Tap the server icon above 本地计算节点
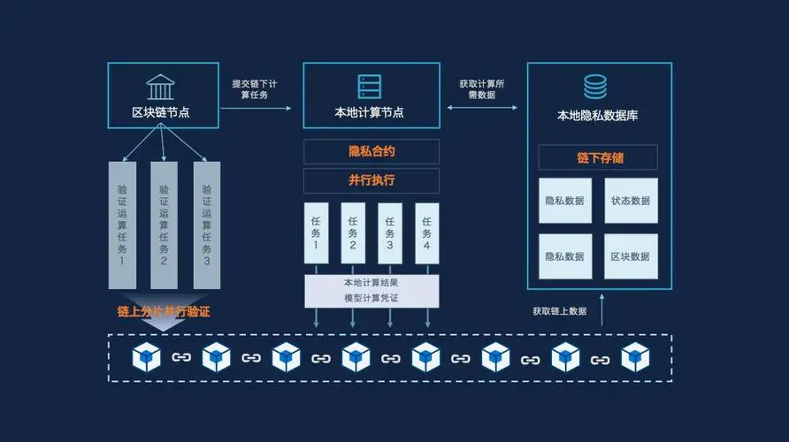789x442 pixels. (x=371, y=86)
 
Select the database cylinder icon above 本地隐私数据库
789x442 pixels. (x=594, y=87)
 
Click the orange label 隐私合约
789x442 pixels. (x=372, y=151)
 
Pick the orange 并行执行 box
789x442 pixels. (x=372, y=180)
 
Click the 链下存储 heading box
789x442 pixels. (x=599, y=158)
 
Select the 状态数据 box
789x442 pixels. (x=631, y=201)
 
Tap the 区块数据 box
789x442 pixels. (x=631, y=256)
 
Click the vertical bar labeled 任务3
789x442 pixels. (x=389, y=233)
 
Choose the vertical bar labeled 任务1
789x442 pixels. (x=316, y=233)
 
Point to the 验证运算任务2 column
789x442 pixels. (x=164, y=225)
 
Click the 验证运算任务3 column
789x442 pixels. (x=206, y=225)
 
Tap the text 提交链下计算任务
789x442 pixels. (x=256, y=89)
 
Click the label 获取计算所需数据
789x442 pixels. (x=483, y=89)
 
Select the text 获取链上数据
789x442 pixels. (x=559, y=311)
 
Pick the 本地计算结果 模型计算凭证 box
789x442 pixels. (x=372, y=291)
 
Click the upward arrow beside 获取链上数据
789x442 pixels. (x=602, y=310)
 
